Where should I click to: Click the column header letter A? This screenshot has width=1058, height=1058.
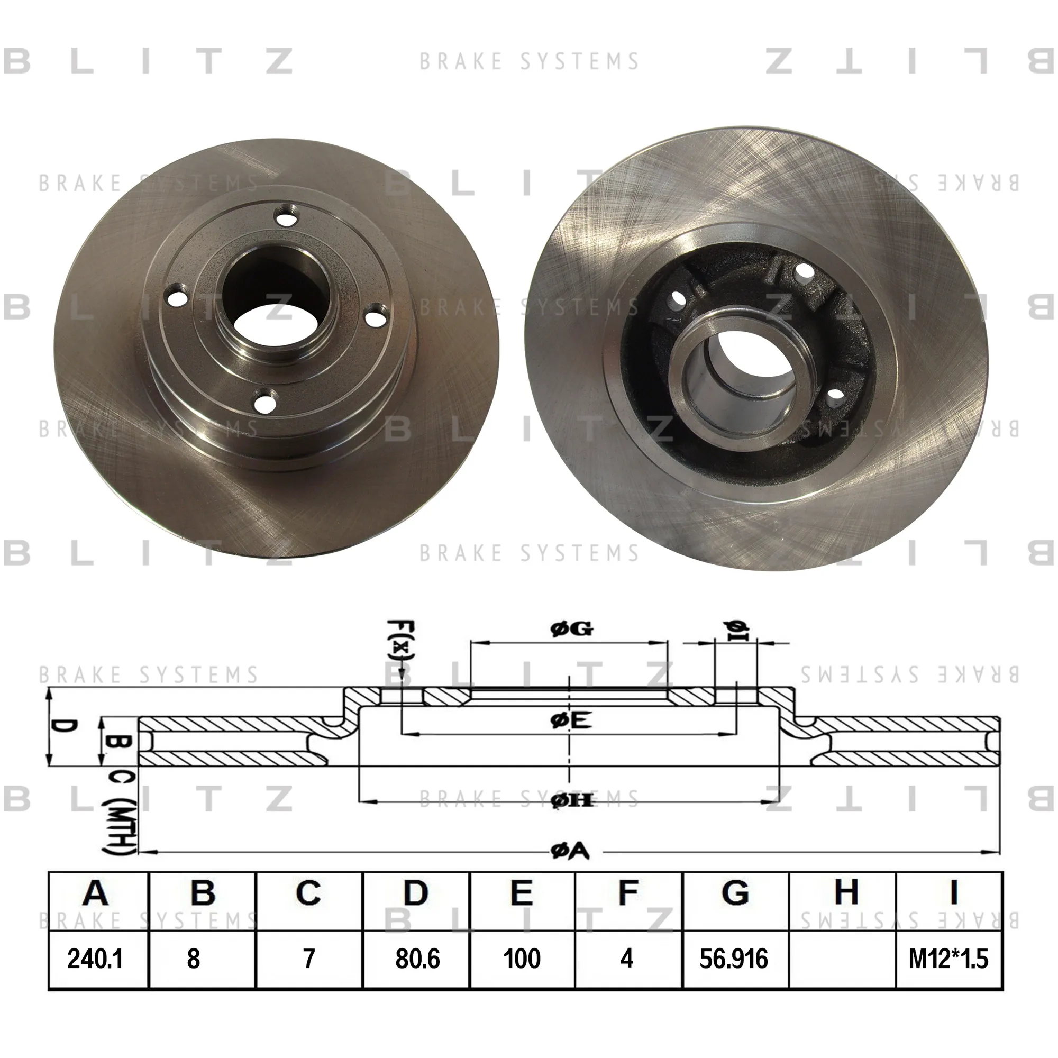coord(96,893)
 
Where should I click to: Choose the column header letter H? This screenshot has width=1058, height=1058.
coord(846,893)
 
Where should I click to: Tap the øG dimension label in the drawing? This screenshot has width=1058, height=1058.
coord(571,629)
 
